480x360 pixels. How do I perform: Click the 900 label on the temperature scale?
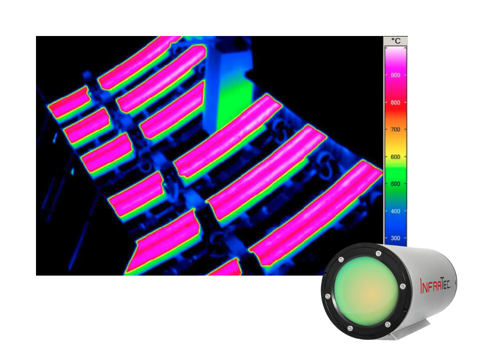tap(395, 75)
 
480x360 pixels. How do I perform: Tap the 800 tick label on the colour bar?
tap(395, 102)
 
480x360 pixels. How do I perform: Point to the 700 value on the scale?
tap(395, 130)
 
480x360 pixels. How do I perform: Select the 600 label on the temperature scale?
tap(395, 157)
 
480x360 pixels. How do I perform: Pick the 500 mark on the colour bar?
tap(395, 184)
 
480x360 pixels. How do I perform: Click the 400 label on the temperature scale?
tap(395, 211)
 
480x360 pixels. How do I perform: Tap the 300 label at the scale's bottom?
tap(395, 238)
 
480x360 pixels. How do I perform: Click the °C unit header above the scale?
tap(395, 41)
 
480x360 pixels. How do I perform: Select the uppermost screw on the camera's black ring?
tap(378, 253)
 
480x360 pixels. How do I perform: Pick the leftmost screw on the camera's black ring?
tap(328, 296)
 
